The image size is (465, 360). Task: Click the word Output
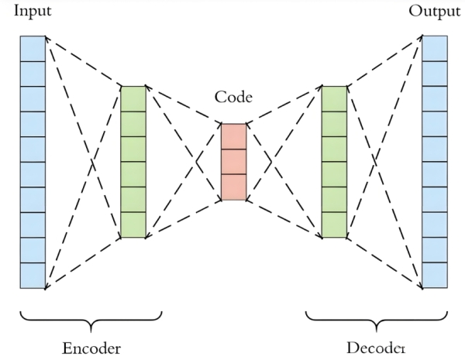(434, 10)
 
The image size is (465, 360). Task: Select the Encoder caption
(91, 348)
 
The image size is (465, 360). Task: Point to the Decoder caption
(374, 348)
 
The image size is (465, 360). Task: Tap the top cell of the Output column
(435, 48)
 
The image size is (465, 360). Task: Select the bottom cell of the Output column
(435, 276)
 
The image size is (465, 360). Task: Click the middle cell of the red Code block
(233, 162)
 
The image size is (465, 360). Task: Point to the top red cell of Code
(233, 136)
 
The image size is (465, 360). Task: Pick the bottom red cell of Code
(233, 187)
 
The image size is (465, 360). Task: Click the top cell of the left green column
(133, 98)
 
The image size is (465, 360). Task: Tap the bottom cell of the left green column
(133, 225)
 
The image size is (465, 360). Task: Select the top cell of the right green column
(334, 98)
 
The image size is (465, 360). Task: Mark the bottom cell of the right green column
(334, 225)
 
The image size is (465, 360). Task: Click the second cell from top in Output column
(435, 74)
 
